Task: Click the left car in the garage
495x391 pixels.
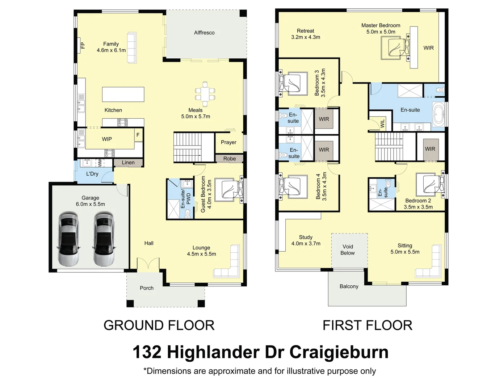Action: click(68, 239)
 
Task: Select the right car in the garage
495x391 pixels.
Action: click(104, 239)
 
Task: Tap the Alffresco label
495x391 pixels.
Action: click(204, 33)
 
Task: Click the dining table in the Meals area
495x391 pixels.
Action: click(205, 94)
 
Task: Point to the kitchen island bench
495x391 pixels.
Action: click(123, 94)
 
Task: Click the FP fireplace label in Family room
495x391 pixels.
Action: click(83, 45)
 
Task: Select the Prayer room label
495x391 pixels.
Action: click(228, 142)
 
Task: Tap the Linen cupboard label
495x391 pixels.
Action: click(128, 163)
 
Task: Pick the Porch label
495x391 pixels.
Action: click(147, 288)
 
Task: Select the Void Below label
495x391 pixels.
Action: click(348, 250)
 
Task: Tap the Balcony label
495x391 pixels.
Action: click(349, 286)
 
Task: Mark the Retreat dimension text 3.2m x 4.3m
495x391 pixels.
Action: click(306, 37)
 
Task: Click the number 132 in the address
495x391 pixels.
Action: click(147, 352)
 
